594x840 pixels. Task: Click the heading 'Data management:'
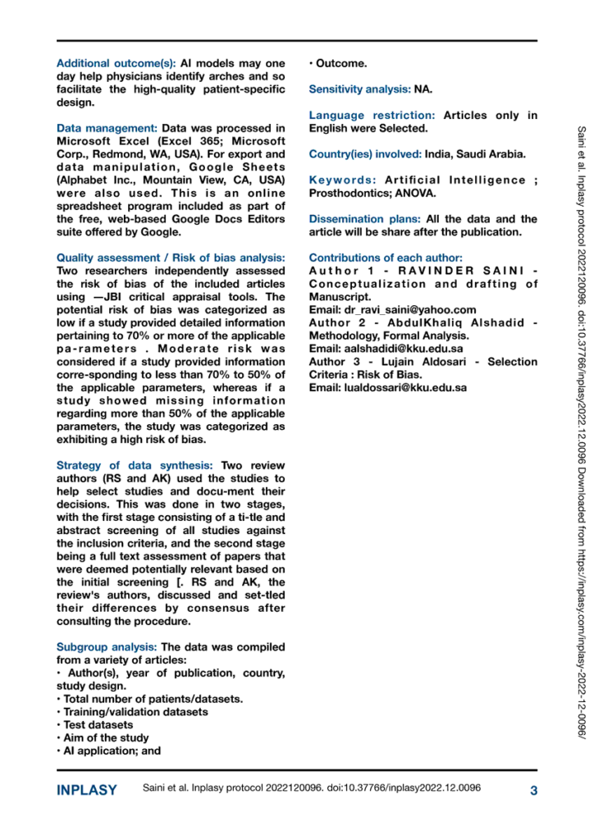[x=107, y=129]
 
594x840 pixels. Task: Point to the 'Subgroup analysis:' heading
[x=107, y=623]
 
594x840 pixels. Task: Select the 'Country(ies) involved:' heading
[x=364, y=153]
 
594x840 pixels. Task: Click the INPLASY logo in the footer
[x=86, y=791]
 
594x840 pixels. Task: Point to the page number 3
[x=533, y=791]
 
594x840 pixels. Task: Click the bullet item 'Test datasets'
[x=98, y=724]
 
